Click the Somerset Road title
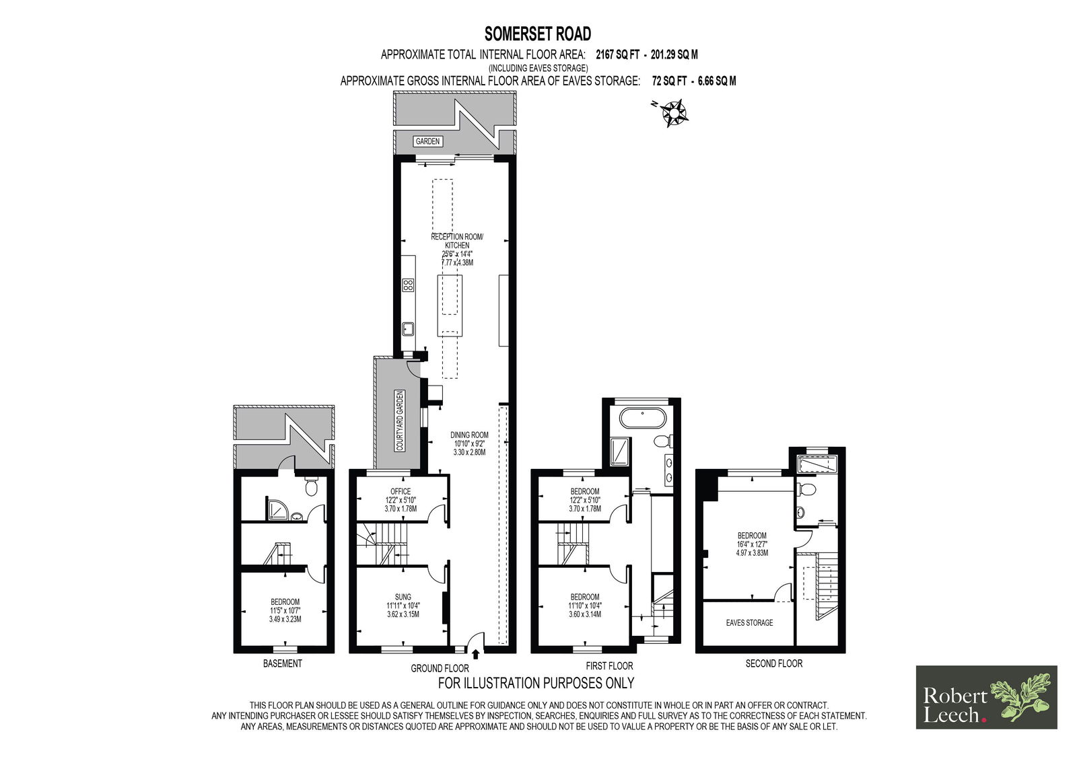pyautogui.click(x=538, y=34)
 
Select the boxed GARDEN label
pyautogui.click(x=427, y=141)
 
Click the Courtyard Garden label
pyautogui.click(x=400, y=421)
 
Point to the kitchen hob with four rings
pyautogui.click(x=408, y=285)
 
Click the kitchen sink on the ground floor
pyautogui.click(x=408, y=329)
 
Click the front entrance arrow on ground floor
pyautogui.click(x=475, y=654)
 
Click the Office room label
pyautogui.click(x=401, y=491)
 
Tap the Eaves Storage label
pyautogui.click(x=749, y=622)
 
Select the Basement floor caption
pyautogui.click(x=283, y=663)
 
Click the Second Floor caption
pyautogui.click(x=773, y=663)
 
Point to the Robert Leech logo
pyautogui.click(x=986, y=698)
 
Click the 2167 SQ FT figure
pyautogui.click(x=617, y=55)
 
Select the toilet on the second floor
pyautogui.click(x=806, y=489)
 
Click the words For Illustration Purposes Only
pyautogui.click(x=536, y=683)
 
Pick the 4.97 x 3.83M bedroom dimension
pyautogui.click(x=752, y=553)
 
